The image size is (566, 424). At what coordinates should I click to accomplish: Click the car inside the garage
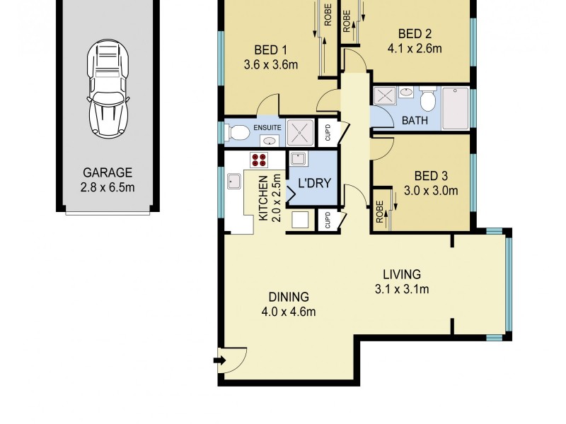point(108,90)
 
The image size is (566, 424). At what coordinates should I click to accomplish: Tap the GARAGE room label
point(108,172)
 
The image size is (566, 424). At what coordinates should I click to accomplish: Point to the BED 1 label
point(270,49)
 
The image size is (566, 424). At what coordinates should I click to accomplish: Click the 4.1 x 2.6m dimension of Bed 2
point(415,49)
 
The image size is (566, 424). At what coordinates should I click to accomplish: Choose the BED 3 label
point(431,175)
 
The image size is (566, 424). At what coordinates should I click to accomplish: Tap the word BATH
point(415,120)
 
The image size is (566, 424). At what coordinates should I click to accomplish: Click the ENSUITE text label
point(267,127)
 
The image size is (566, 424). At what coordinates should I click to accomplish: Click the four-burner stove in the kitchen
point(259,159)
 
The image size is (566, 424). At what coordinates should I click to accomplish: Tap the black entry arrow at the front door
point(220,361)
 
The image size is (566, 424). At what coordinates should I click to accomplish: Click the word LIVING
point(402,273)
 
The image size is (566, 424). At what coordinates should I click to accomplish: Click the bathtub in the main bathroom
point(455,108)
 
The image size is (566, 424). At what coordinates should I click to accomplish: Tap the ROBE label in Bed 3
point(380,212)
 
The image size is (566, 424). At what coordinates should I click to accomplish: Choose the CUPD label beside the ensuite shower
point(328,132)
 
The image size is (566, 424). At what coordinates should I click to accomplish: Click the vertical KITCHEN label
point(262,199)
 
